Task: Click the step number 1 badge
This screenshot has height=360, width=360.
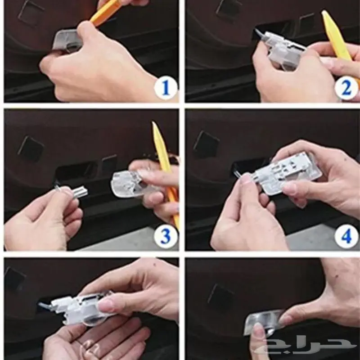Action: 166,88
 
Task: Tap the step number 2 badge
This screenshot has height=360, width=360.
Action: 346,88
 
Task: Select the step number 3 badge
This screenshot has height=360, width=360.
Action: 166,237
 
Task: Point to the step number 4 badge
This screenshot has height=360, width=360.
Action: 346,237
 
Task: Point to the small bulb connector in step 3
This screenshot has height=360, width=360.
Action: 72,190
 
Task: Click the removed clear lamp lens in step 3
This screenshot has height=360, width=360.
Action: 129,184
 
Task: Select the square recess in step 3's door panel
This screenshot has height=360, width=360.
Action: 31,148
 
